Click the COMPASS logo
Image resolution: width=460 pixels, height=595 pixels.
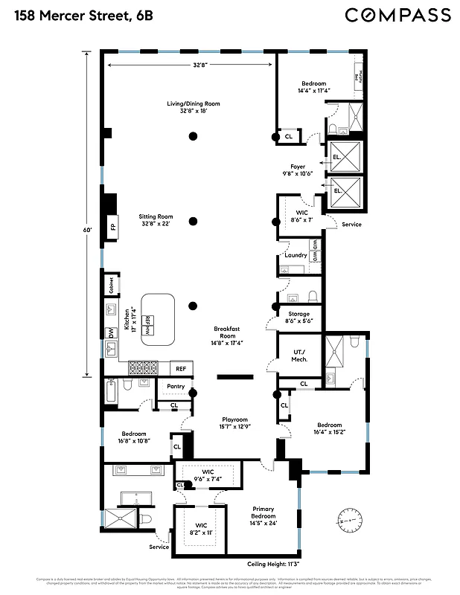(398, 15)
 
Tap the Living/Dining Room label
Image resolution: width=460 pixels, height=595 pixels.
(193, 107)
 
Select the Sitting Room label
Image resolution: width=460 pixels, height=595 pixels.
(156, 220)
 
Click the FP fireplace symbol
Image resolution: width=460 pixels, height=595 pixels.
(113, 227)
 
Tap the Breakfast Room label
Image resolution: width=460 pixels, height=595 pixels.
(226, 336)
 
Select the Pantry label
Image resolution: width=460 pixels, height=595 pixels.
(176, 386)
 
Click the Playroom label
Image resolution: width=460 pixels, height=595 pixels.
(233, 423)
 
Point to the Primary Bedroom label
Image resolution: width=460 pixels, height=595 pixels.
(263, 516)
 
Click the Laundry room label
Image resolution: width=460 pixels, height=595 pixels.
(296, 255)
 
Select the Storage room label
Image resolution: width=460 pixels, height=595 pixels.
(298, 318)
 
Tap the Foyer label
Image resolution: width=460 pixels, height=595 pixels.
(298, 170)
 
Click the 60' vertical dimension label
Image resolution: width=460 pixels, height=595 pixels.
(88, 231)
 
